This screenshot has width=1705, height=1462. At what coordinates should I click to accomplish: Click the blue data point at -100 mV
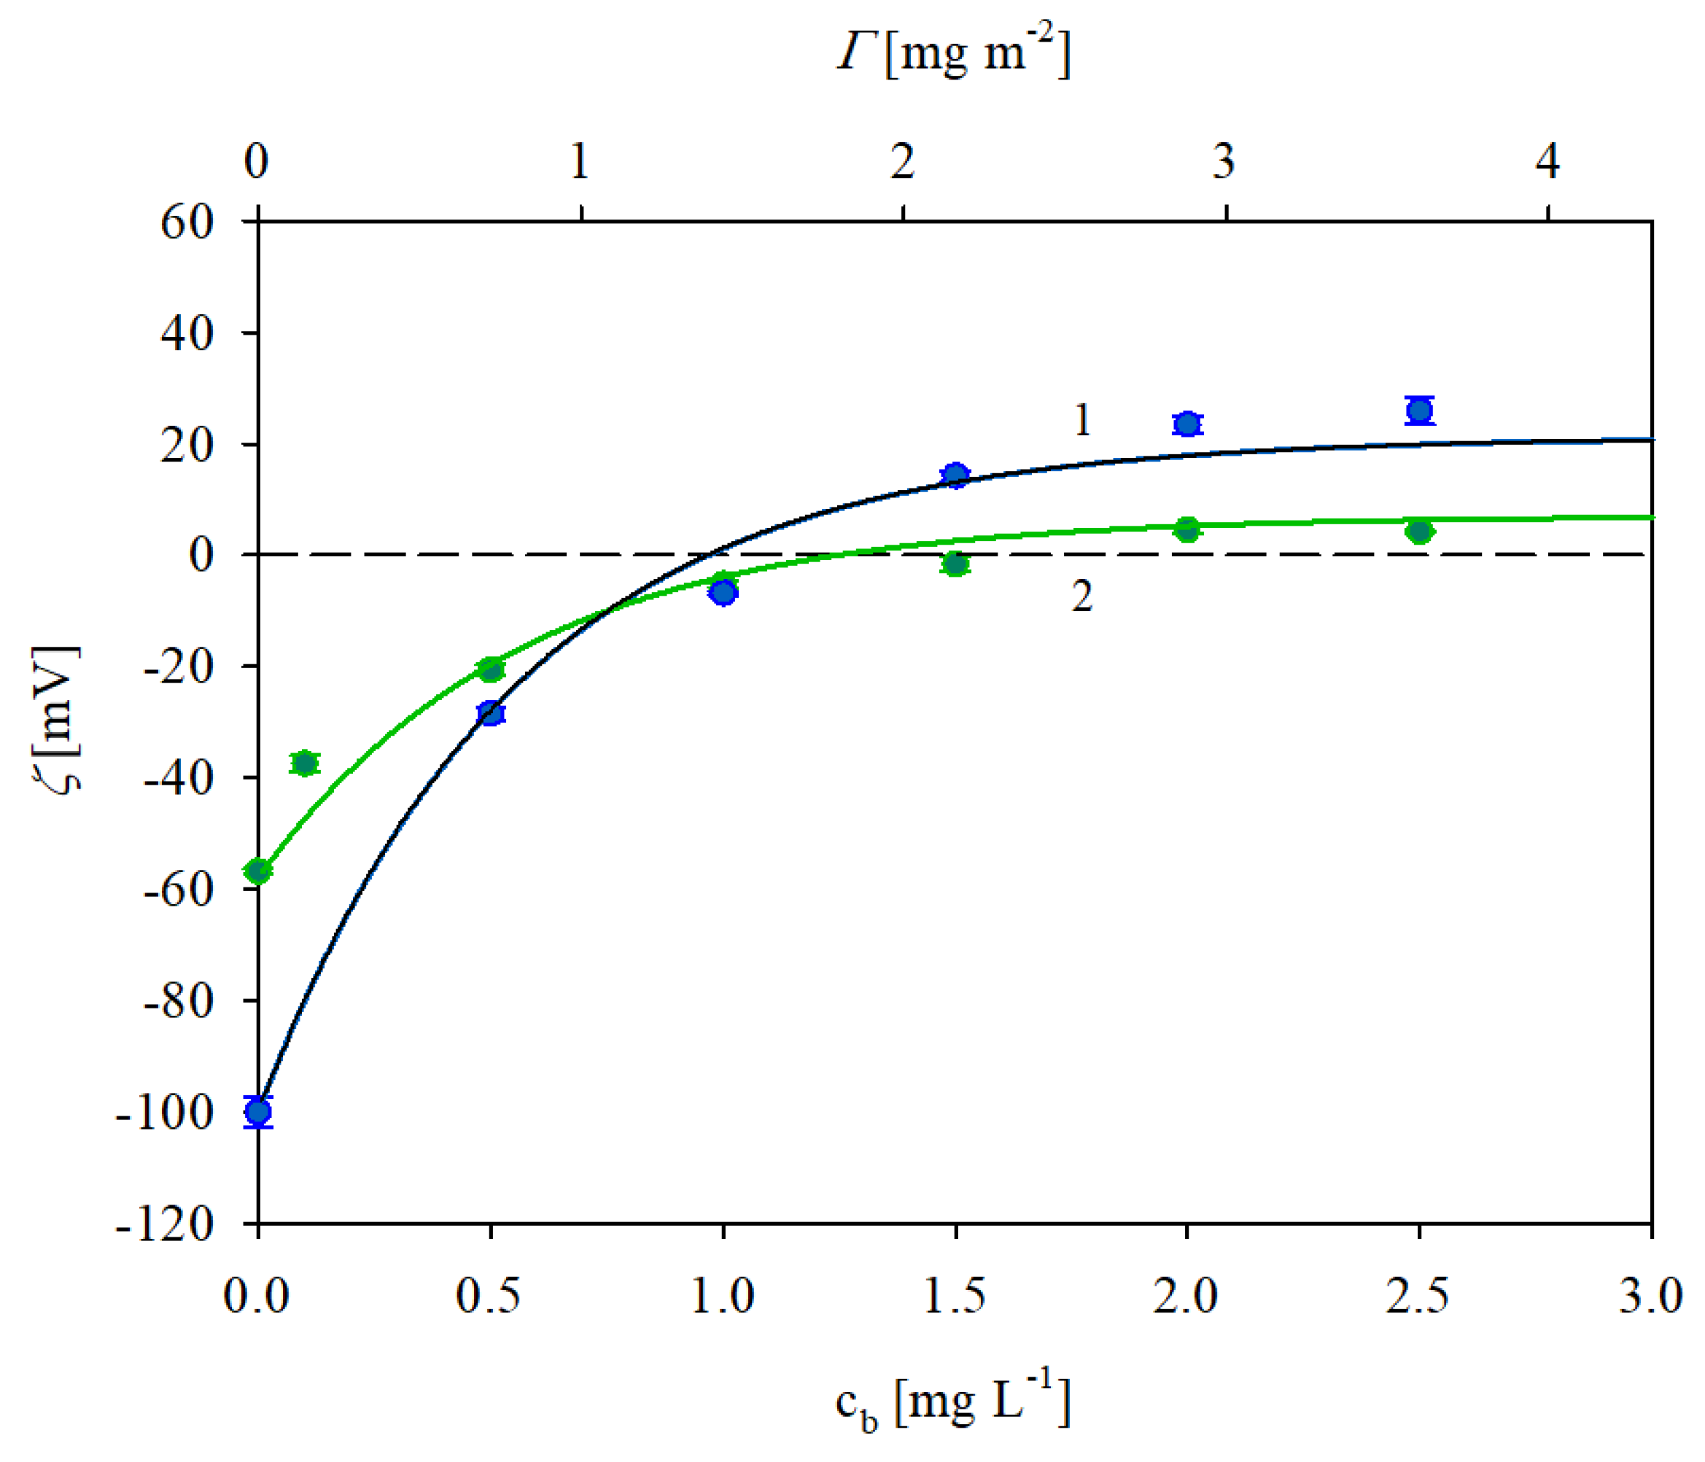[258, 1112]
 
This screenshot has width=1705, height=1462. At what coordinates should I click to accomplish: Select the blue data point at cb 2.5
[1419, 410]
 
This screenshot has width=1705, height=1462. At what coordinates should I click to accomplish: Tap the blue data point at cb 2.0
[1186, 424]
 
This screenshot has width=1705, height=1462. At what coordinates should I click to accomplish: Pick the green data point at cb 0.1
[306, 763]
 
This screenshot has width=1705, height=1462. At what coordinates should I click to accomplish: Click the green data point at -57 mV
[258, 871]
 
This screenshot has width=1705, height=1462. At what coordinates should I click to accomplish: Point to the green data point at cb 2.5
[1419, 532]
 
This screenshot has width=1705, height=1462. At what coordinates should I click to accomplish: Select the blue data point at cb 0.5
[492, 712]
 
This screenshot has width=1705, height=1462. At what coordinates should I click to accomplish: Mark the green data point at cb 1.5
[955, 564]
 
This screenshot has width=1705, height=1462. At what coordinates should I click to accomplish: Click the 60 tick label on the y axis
[187, 222]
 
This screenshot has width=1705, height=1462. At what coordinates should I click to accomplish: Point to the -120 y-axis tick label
[165, 1225]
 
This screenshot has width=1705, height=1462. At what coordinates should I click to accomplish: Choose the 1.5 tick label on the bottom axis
[955, 1297]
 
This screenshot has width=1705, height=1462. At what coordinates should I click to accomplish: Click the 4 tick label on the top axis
[1547, 161]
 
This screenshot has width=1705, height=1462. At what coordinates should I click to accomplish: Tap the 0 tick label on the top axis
[257, 161]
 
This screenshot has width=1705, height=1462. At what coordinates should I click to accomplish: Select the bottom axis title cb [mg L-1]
[953, 1404]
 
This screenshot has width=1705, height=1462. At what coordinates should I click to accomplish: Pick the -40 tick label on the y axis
[179, 777]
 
